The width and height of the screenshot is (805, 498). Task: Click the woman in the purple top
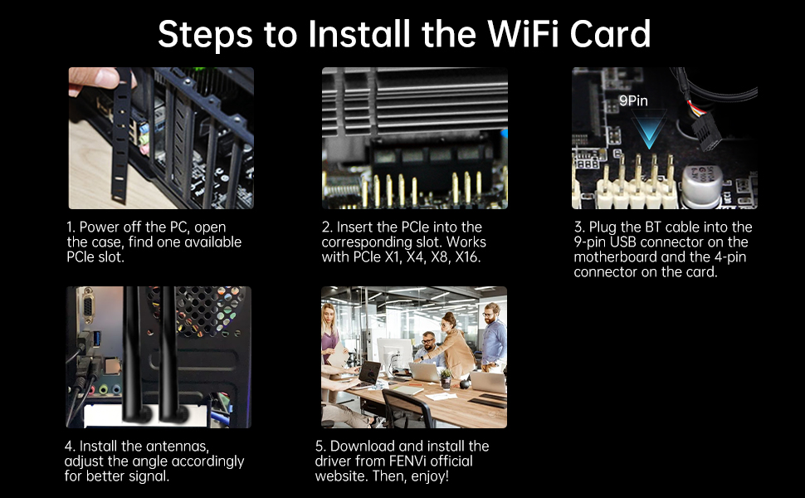coord(329,333)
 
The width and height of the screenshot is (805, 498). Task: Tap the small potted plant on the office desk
coord(446,378)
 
